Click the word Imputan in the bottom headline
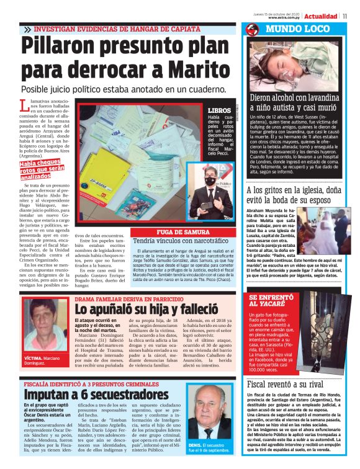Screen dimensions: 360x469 click(x=55, y=395)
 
